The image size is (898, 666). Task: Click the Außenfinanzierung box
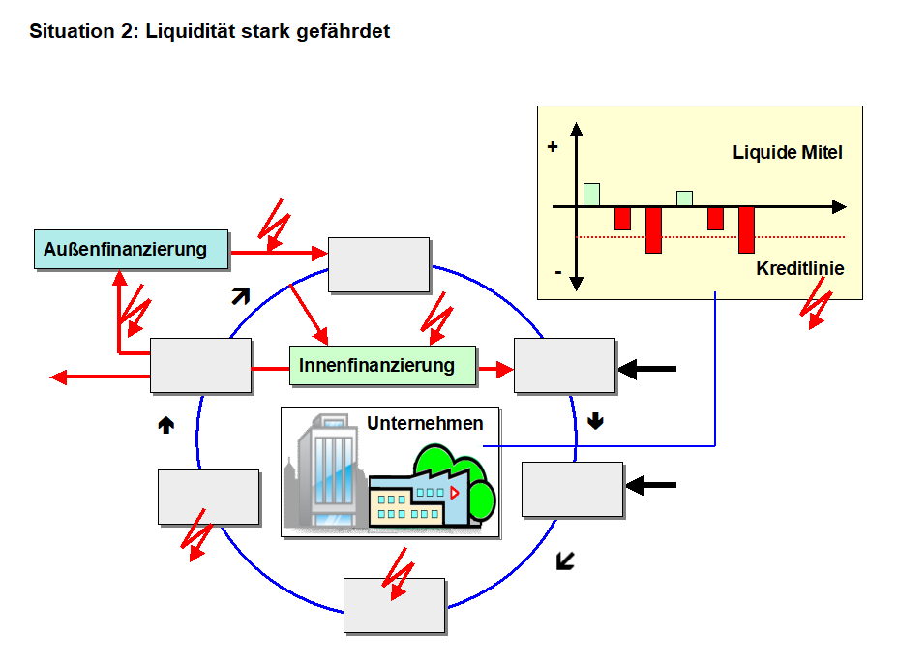(133, 249)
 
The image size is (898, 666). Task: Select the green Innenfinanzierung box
(383, 365)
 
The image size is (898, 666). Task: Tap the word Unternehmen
(425, 423)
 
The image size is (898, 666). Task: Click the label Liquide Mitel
(788, 152)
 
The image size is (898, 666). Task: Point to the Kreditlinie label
(799, 268)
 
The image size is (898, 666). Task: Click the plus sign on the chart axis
(553, 147)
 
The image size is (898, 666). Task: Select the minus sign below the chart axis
(557, 272)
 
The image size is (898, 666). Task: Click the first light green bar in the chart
(591, 194)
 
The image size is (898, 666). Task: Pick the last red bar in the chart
(746, 229)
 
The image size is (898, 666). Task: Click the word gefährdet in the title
(343, 31)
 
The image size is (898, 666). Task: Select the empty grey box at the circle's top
(378, 264)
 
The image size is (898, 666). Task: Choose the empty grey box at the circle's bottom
(395, 605)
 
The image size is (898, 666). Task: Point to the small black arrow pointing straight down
(595, 420)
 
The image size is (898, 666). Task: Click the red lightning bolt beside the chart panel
(819, 303)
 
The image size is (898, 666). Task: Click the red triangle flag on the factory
(454, 492)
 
